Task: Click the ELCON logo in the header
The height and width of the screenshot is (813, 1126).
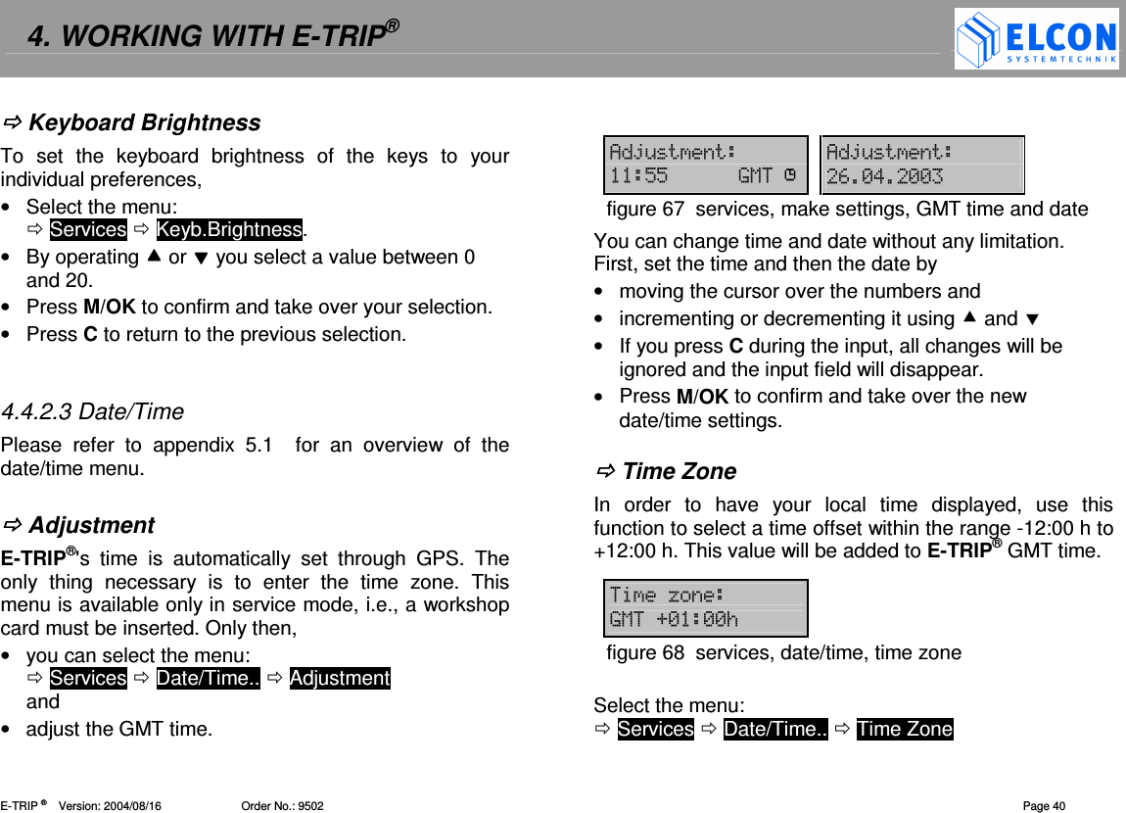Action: click(1036, 39)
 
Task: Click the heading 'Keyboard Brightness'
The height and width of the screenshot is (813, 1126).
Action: click(144, 122)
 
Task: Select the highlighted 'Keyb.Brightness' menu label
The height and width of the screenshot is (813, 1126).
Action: click(229, 229)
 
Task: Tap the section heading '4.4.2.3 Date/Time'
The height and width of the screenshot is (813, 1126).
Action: click(92, 411)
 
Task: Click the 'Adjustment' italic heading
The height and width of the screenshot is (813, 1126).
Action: click(91, 525)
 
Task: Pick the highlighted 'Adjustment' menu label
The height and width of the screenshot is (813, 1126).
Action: click(340, 678)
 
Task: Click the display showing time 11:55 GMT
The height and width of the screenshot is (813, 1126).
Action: click(704, 165)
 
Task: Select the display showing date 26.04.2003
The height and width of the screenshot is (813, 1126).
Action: click(921, 165)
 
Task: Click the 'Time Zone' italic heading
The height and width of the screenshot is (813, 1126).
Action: click(679, 471)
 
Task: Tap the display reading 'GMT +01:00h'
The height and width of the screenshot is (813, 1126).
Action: click(704, 608)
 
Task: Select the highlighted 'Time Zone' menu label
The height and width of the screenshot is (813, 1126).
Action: click(904, 729)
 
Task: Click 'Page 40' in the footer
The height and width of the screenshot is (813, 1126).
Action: click(1044, 806)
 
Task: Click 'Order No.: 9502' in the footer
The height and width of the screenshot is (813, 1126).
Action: click(282, 806)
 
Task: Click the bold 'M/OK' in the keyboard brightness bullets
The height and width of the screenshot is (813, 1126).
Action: click(110, 307)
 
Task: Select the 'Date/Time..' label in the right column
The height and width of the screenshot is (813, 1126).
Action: click(775, 729)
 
